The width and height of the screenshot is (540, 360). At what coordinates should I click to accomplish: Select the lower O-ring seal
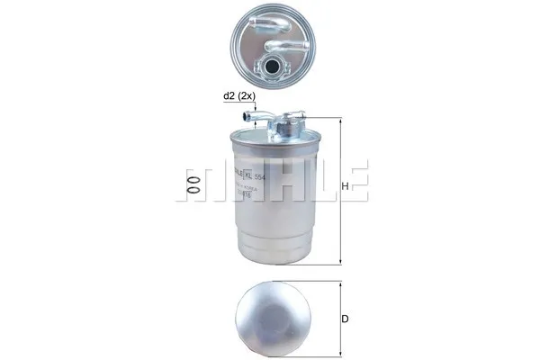pos(192,192)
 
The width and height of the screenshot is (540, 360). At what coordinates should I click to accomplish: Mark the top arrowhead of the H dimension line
pos(340,121)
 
